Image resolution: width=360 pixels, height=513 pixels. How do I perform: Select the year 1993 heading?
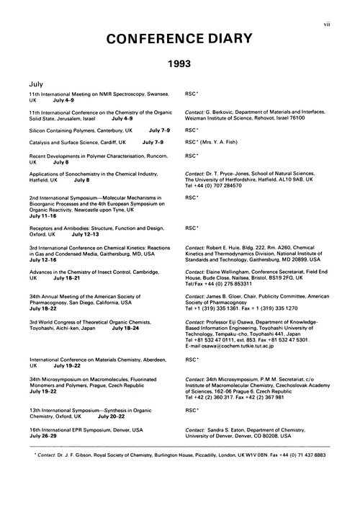179,65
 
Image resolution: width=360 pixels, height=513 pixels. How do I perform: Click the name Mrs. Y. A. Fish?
223,143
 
